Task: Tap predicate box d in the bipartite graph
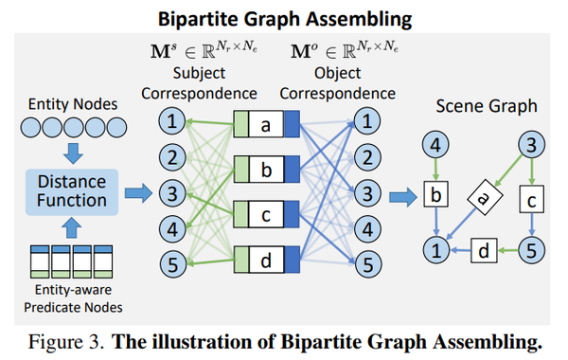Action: (266, 258)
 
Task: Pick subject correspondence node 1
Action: (170, 122)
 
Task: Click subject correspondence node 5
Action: (170, 264)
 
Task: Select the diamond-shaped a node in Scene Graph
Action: (482, 198)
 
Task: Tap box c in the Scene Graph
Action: (532, 200)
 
